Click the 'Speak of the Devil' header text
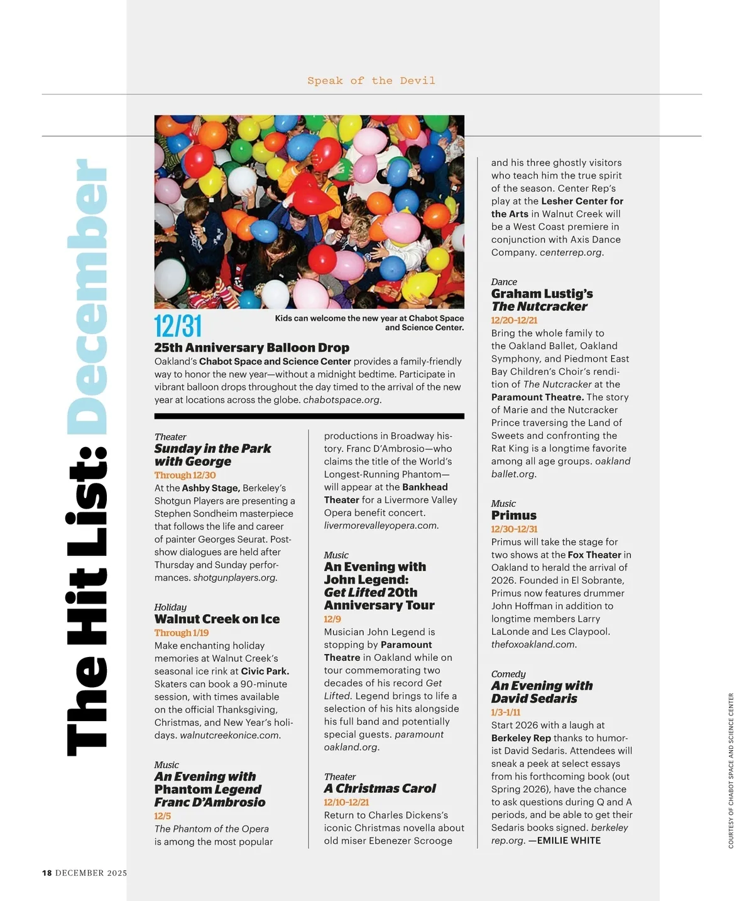pyautogui.click(x=371, y=80)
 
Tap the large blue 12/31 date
pyautogui.click(x=178, y=326)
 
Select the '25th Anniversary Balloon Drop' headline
pyautogui.click(x=251, y=348)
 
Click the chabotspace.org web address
pyautogui.click(x=342, y=400)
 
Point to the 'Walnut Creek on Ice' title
pyautogui.click(x=217, y=619)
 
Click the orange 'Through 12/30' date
pyautogui.click(x=185, y=475)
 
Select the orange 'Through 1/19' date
pyautogui.click(x=182, y=633)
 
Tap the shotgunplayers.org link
pyautogui.click(x=235, y=577)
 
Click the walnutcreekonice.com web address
pyautogui.click(x=230, y=735)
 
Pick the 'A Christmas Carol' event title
pyautogui.click(x=380, y=788)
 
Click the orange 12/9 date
pyautogui.click(x=332, y=619)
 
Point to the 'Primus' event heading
pyautogui.click(x=513, y=516)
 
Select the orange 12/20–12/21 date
pyautogui.click(x=514, y=320)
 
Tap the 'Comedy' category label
pyautogui.click(x=508, y=674)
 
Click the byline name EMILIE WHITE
pyautogui.click(x=569, y=841)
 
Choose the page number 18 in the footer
pyautogui.click(x=47, y=873)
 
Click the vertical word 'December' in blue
pyautogui.click(x=87, y=296)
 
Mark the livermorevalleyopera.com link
pyautogui.click(x=381, y=526)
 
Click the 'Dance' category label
pyautogui.click(x=504, y=282)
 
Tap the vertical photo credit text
pyautogui.click(x=731, y=770)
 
